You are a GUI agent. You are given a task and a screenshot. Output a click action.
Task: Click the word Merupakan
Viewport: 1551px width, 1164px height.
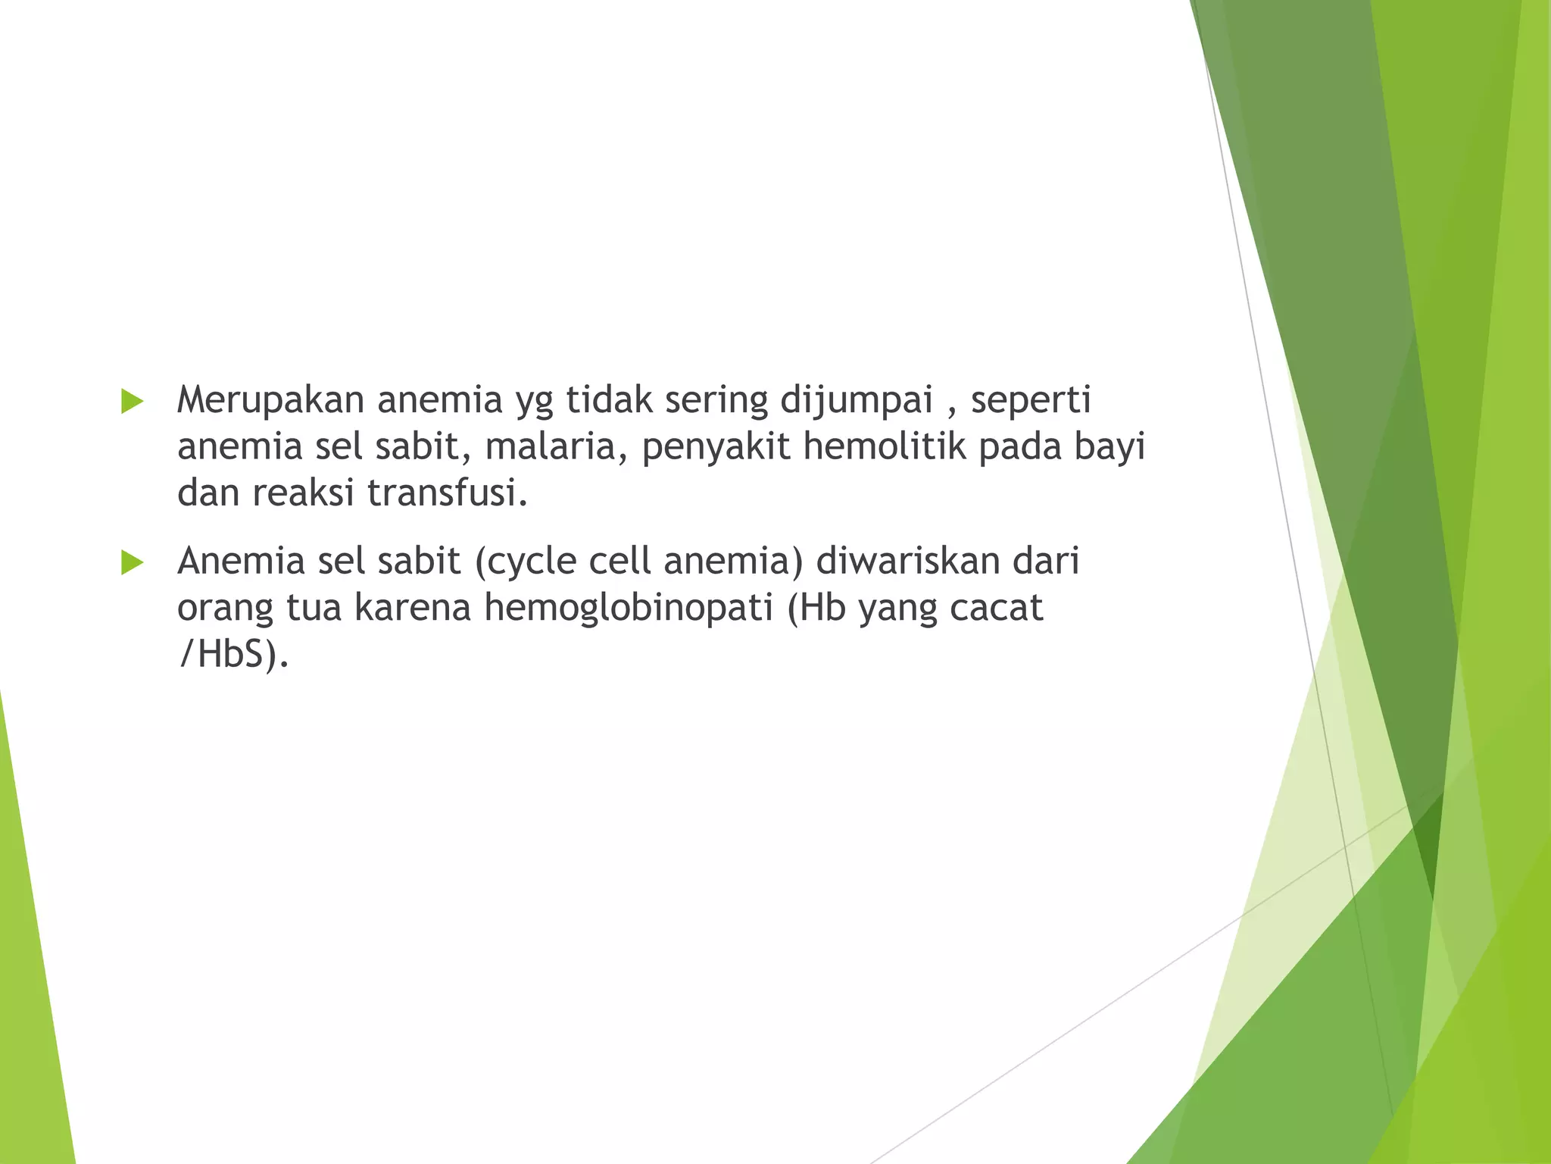[x=270, y=400]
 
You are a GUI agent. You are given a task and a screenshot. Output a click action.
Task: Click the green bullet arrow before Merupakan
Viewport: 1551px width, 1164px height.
[x=132, y=402]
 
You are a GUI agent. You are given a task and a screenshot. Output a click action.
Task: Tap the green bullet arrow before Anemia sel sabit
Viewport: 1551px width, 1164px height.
[x=132, y=562]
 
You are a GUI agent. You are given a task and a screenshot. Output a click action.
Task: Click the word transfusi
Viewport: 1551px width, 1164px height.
[x=447, y=493]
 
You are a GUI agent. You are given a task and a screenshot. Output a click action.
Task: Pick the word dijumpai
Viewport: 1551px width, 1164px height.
[x=857, y=400]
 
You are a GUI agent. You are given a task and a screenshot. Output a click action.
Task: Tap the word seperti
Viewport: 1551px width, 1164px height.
[x=1031, y=400]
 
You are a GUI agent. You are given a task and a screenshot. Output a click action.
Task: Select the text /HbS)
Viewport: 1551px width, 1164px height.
[x=232, y=655]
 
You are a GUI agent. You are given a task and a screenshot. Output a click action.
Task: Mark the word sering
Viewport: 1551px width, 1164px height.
[x=716, y=400]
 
